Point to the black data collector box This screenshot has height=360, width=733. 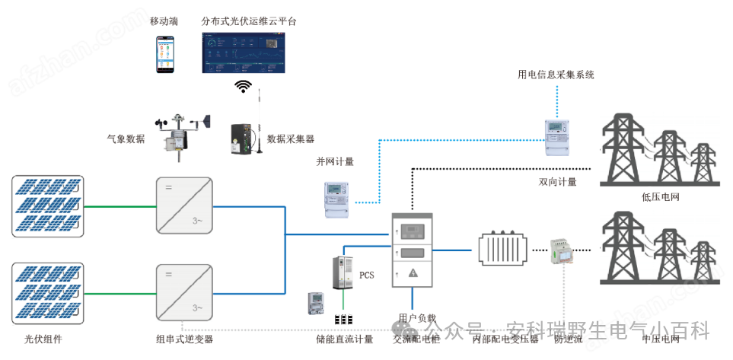[x=245, y=139]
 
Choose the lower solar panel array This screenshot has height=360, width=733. [x=47, y=293]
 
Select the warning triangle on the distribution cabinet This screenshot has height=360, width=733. [x=413, y=272]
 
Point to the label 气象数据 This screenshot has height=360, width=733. [x=126, y=139]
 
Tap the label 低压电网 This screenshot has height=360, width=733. [x=660, y=197]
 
